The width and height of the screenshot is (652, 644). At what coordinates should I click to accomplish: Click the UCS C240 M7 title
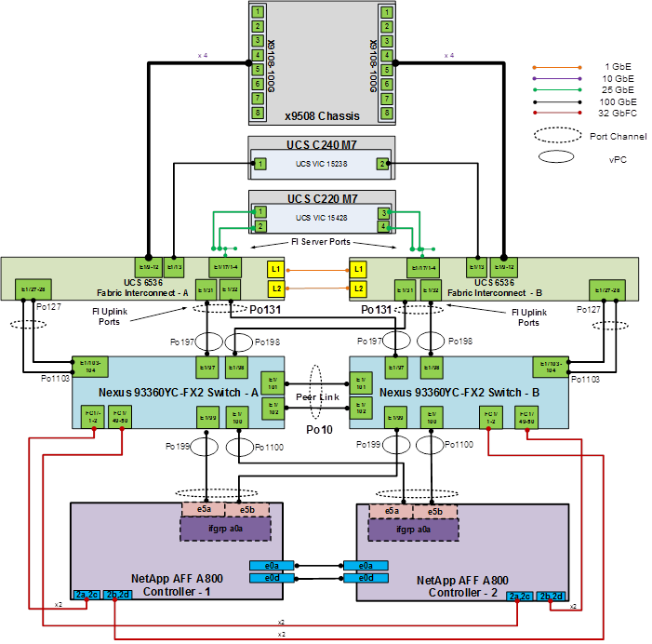(x=321, y=145)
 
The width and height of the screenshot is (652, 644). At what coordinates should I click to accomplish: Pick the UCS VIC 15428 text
(x=322, y=218)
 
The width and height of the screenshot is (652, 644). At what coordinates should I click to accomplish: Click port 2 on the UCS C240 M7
(x=381, y=164)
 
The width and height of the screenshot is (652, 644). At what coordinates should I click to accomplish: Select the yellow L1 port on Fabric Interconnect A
(x=275, y=269)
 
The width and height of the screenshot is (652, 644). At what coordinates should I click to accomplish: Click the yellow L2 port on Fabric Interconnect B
(x=358, y=288)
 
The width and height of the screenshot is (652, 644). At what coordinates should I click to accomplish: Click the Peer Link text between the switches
(x=317, y=396)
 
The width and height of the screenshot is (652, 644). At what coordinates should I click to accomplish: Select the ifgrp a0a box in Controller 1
(x=224, y=529)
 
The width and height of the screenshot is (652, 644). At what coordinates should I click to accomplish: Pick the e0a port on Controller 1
(x=272, y=565)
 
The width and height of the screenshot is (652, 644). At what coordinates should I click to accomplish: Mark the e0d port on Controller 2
(x=365, y=578)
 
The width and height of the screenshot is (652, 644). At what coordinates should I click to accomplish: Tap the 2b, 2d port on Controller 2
(x=551, y=596)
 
